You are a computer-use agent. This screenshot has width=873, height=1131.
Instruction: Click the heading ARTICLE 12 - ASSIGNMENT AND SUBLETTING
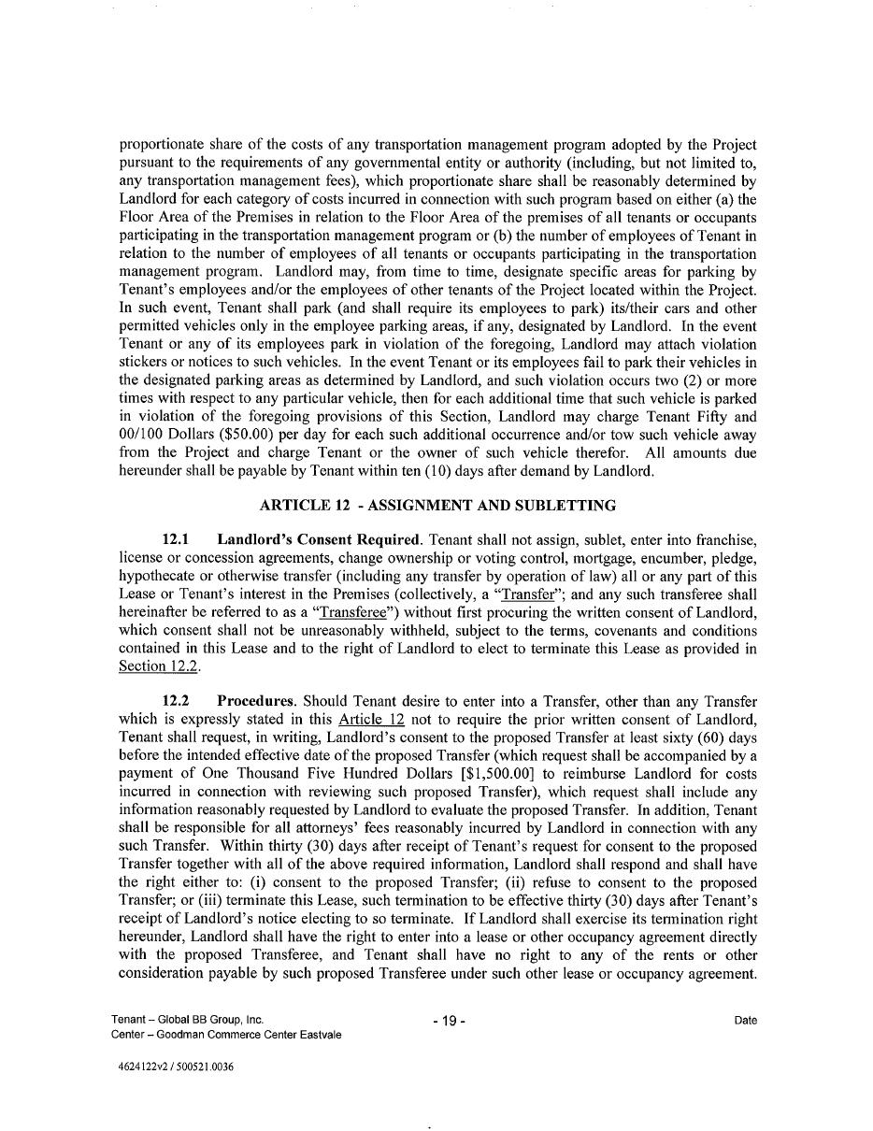click(x=437, y=506)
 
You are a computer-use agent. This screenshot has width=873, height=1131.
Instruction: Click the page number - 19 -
click(x=449, y=1021)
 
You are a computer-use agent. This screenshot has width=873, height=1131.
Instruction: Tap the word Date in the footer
click(x=745, y=1021)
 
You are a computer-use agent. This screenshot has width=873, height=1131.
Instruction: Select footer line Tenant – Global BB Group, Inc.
click(x=187, y=1020)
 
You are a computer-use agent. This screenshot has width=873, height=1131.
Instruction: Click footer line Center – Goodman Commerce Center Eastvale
click(x=225, y=1035)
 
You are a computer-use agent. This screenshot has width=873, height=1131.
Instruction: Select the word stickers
click(x=145, y=363)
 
